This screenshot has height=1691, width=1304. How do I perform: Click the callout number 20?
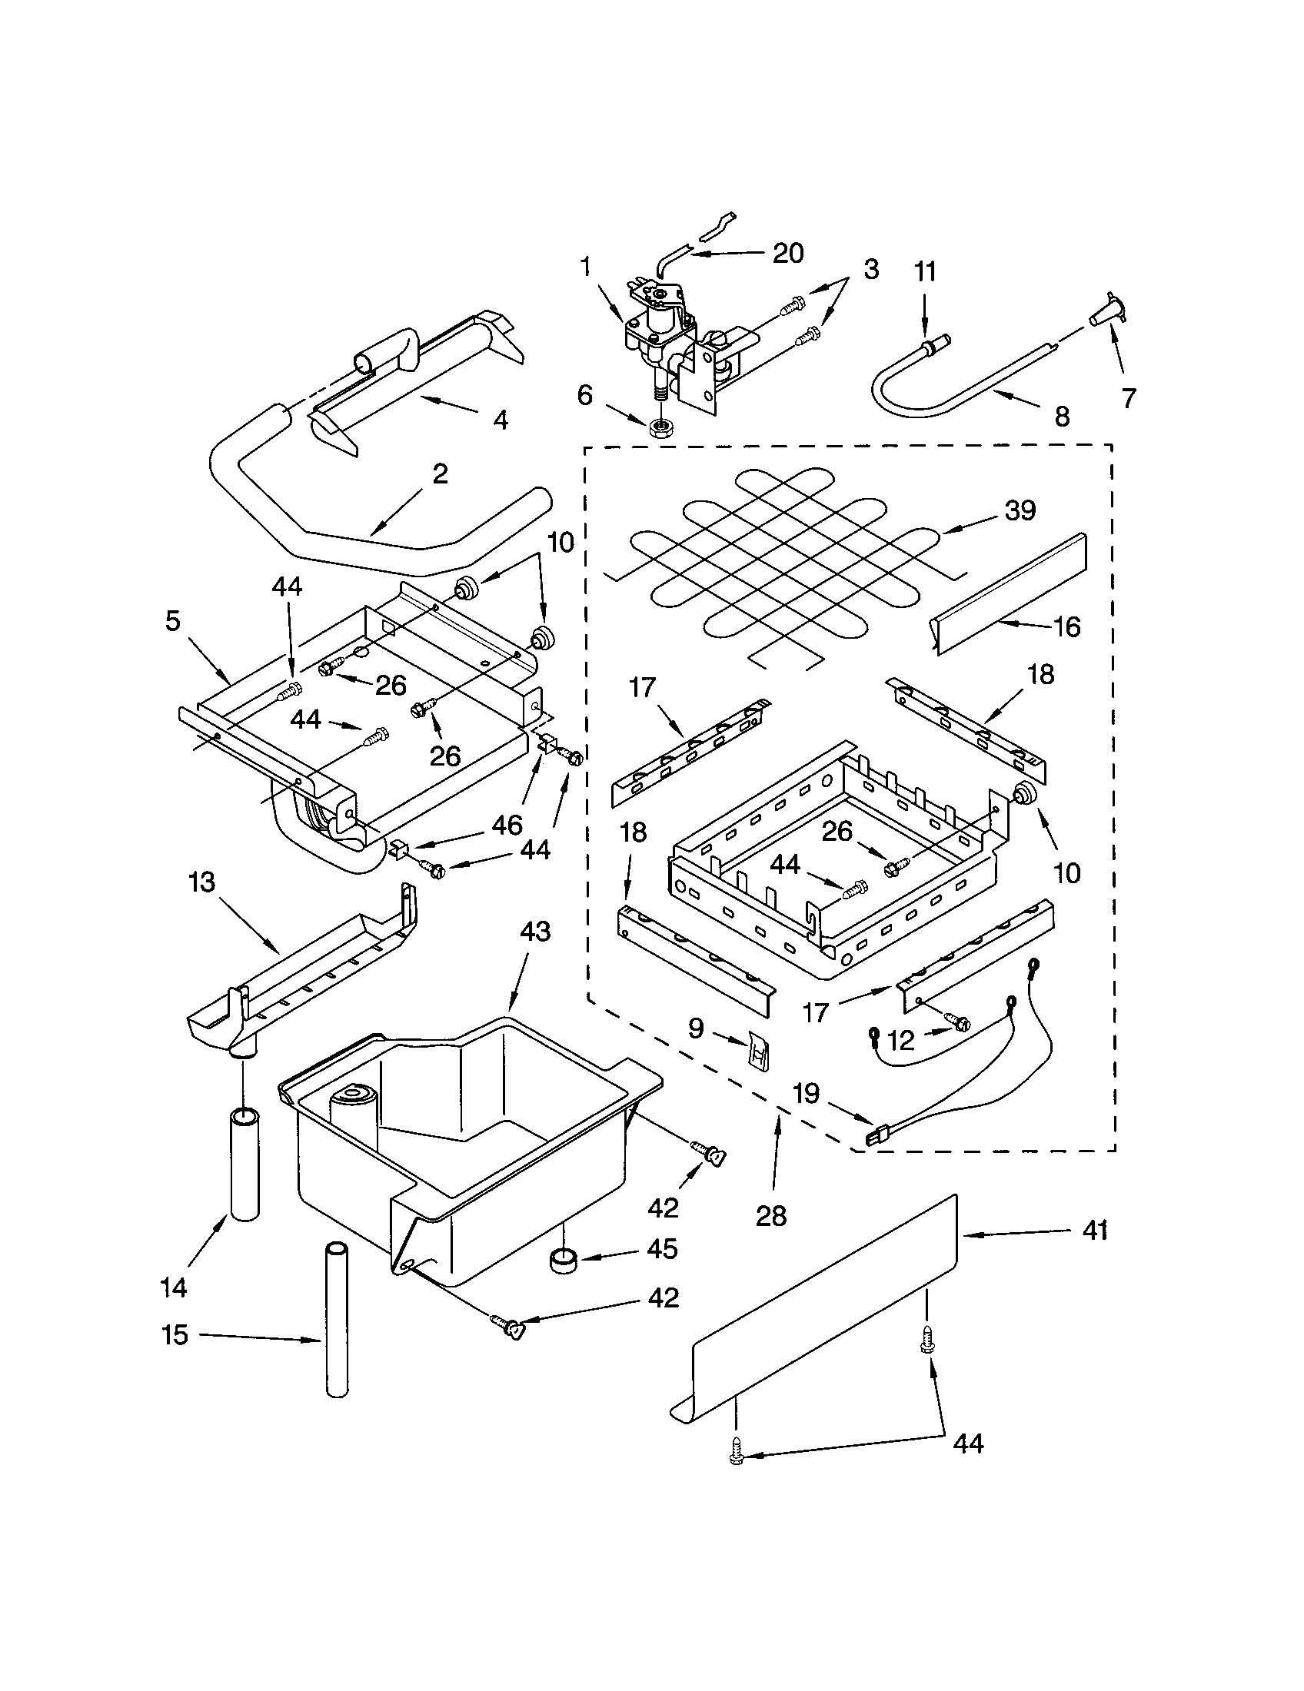pos(788,253)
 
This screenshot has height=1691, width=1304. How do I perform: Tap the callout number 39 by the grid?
pos(1020,510)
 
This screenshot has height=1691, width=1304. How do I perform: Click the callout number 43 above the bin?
pos(534,932)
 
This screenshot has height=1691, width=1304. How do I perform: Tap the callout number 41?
pos(1094,1231)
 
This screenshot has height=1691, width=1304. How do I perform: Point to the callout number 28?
pos(770,1217)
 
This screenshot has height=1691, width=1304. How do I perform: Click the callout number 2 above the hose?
pos(440,473)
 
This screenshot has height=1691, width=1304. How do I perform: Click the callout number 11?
pos(925,272)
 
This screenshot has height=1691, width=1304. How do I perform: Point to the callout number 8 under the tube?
pos(1062,417)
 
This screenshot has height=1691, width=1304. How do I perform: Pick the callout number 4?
pos(501,420)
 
